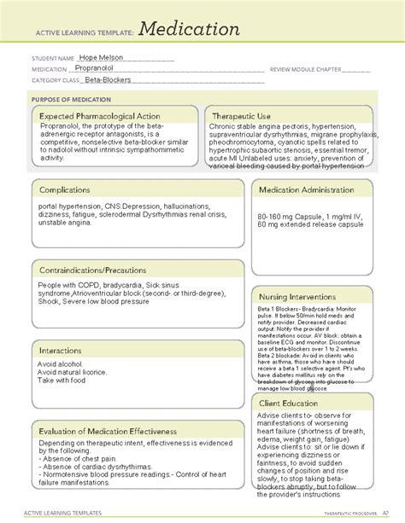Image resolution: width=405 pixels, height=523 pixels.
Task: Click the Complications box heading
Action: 74,191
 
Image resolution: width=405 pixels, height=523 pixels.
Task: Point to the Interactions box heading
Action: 70,350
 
